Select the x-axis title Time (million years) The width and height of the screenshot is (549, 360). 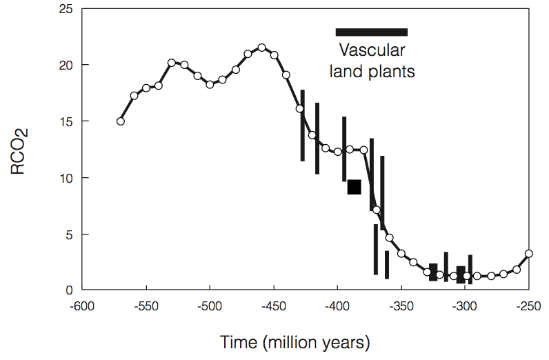click(x=295, y=342)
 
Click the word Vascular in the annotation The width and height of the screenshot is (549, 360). click(x=372, y=51)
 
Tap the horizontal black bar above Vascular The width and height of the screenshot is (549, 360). click(x=371, y=32)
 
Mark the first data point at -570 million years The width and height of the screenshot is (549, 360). click(x=121, y=121)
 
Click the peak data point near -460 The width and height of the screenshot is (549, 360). click(x=261, y=48)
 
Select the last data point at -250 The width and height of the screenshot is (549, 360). click(x=529, y=253)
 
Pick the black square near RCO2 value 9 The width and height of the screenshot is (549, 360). click(x=355, y=187)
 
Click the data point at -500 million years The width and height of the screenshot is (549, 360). click(x=210, y=84)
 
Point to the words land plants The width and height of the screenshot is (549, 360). click(x=372, y=71)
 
